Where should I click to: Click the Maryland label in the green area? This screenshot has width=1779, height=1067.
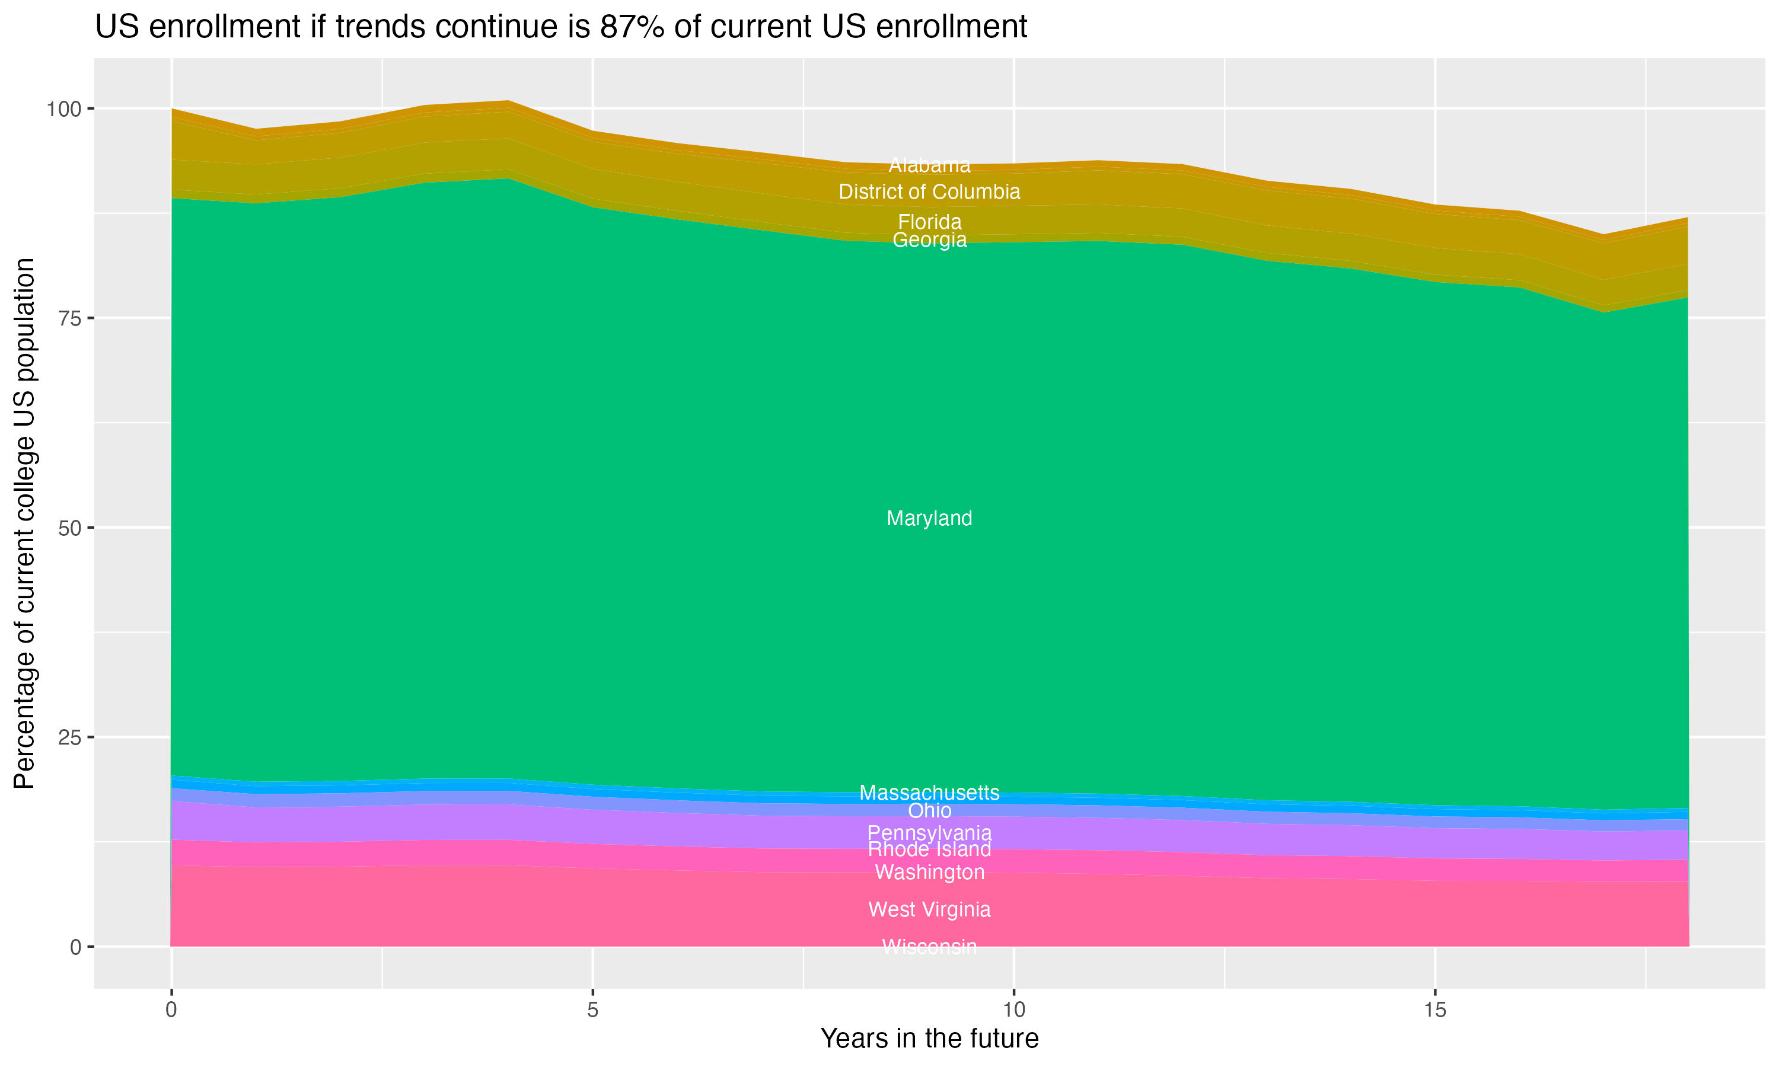929,519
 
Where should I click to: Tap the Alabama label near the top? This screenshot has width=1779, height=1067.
929,165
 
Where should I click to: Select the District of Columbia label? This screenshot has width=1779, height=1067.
929,192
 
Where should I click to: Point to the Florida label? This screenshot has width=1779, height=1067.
929,222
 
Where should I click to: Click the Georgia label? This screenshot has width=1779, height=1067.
929,240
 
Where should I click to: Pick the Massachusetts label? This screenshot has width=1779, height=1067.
929,793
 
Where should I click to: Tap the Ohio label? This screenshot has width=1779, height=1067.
929,811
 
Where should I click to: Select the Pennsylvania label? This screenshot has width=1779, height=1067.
929,833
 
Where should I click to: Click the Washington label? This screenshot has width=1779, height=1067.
929,873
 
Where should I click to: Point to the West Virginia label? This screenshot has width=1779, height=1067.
929,909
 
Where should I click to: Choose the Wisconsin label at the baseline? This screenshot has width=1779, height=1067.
929,947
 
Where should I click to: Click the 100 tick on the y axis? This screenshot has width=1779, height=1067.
63,109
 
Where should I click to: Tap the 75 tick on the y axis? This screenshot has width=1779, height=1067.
68,318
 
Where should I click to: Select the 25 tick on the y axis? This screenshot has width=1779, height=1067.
68,737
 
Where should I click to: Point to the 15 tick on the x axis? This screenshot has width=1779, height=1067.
1434,1010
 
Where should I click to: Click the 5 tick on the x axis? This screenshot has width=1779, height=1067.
592,1010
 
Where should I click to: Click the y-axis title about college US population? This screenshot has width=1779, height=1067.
24,523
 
